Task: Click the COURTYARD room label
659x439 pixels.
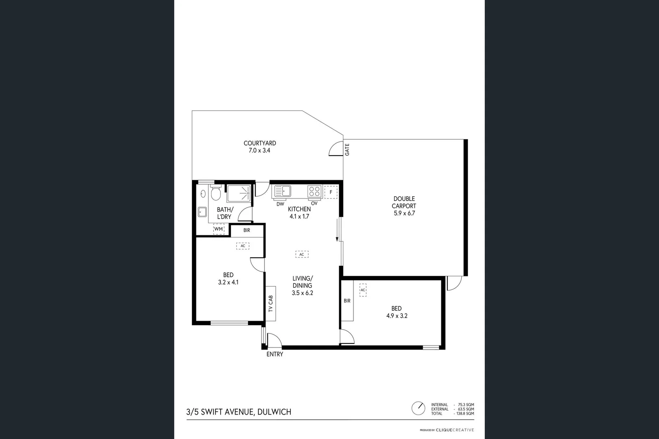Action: point(260,143)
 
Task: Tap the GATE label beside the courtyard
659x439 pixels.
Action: point(347,150)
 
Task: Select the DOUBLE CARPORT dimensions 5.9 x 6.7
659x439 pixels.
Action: point(404,213)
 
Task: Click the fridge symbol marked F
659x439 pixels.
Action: point(331,192)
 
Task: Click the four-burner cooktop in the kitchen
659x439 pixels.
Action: point(314,191)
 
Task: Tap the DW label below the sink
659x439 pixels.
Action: point(280,204)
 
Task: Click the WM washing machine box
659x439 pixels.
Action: point(218,229)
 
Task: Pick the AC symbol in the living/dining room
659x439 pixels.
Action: point(302,254)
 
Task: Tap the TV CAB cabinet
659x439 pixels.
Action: point(271,303)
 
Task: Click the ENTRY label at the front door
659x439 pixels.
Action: point(275,354)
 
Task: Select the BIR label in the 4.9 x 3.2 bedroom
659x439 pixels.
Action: point(347,301)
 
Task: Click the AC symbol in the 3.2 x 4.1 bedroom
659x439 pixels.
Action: point(243,246)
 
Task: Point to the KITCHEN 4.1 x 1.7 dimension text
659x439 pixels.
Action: point(299,216)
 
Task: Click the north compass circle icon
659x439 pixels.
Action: point(418,408)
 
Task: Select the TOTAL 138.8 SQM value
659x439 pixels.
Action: point(466,413)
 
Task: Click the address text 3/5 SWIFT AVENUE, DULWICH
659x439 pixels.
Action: point(239,412)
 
